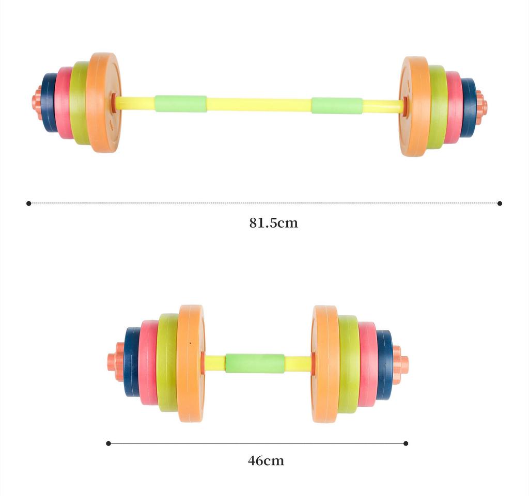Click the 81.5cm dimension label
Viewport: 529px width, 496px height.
point(273,223)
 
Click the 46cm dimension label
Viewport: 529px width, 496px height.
point(266,460)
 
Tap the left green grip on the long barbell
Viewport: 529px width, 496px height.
point(180,104)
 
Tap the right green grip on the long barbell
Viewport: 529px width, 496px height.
point(336,105)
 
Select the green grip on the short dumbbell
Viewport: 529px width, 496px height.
point(255,363)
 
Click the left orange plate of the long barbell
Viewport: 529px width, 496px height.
point(103,102)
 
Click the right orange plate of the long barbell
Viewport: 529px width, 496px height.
point(414,106)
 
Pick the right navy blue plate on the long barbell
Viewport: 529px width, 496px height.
point(469,107)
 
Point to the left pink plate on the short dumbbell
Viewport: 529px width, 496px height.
point(148,362)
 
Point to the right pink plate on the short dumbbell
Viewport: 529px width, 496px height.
point(368,364)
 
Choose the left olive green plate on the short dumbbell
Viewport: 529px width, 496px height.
point(167,362)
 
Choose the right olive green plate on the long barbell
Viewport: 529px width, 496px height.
point(437,107)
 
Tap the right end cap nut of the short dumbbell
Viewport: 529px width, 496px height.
point(400,365)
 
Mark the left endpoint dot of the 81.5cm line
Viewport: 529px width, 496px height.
point(29,203)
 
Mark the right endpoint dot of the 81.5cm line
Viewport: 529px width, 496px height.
point(500,203)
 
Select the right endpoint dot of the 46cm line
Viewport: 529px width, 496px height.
point(406,443)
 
